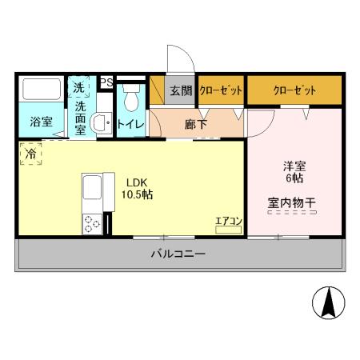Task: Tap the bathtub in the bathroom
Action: pos(42,90)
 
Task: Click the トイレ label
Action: pos(130,124)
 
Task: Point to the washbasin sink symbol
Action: pos(100,123)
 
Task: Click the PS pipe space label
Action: pos(106,82)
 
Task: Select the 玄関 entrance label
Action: pos(181,91)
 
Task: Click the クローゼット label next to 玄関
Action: pos(220,91)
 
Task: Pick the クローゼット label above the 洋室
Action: pos(294,91)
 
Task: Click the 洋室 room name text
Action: pos(293,167)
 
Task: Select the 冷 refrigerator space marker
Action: pos(30,151)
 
